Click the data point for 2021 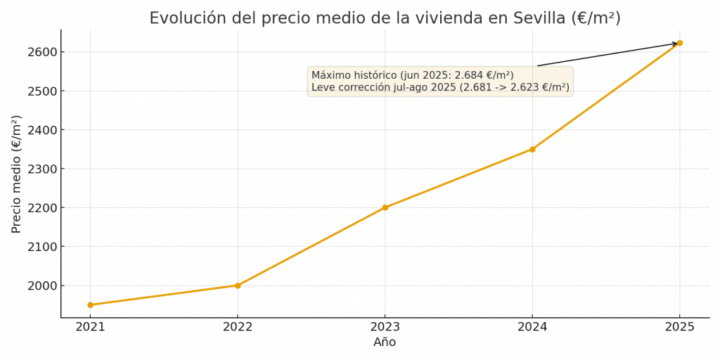click(x=90, y=305)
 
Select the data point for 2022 click(x=238, y=285)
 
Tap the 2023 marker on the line click(x=385, y=207)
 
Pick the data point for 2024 click(x=532, y=149)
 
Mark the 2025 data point click(x=680, y=43)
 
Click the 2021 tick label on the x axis click(x=90, y=327)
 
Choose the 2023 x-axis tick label click(x=385, y=327)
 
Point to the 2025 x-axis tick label click(x=680, y=327)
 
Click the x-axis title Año click(x=385, y=342)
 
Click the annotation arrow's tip click(x=677, y=44)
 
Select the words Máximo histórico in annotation click(x=354, y=75)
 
